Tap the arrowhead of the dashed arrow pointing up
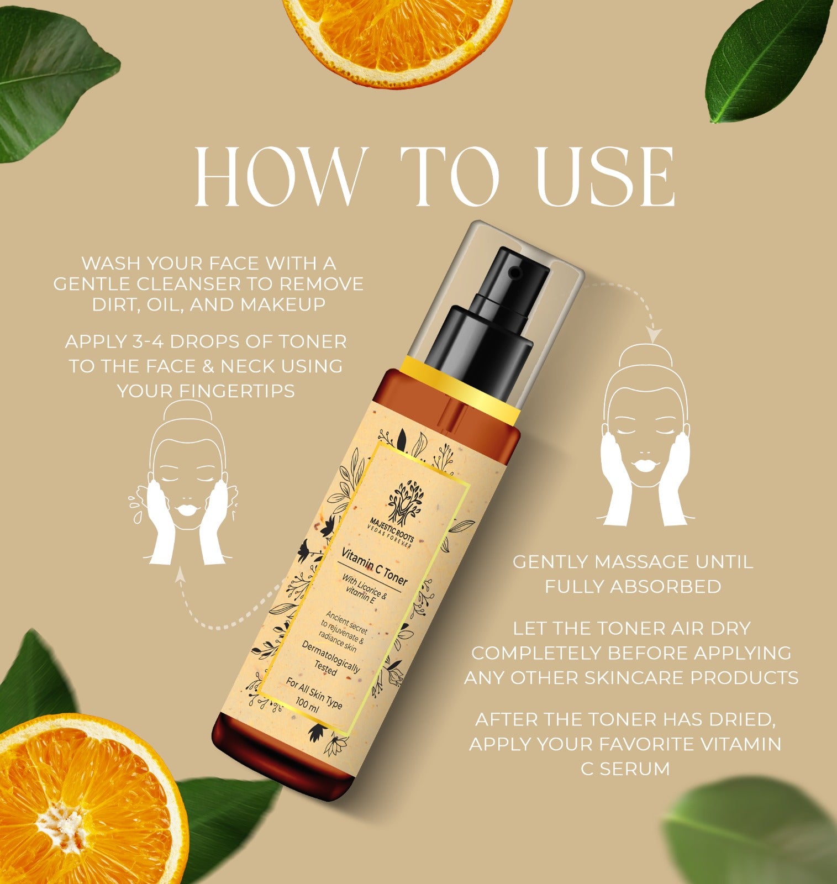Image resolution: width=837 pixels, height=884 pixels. click(x=180, y=576)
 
